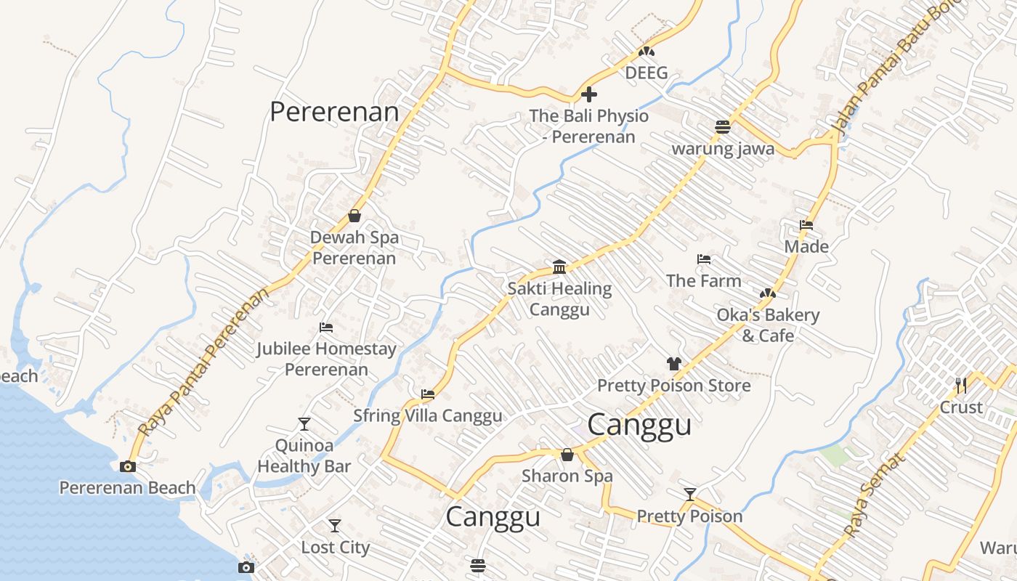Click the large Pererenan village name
click(x=334, y=112)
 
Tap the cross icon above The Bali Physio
click(x=589, y=94)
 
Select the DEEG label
click(x=646, y=73)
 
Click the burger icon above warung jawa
click(x=722, y=127)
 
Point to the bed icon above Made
click(x=806, y=225)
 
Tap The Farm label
click(x=703, y=280)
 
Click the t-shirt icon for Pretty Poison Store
click(x=673, y=364)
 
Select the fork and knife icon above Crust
click(x=961, y=385)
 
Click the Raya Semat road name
click(x=875, y=495)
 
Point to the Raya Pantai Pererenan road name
click(x=203, y=362)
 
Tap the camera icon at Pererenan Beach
click(x=128, y=466)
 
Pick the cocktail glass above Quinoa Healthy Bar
click(x=304, y=424)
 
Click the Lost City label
click(x=335, y=547)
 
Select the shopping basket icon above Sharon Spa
click(x=567, y=455)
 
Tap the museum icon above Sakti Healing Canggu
click(x=559, y=267)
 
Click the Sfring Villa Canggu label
click(x=427, y=415)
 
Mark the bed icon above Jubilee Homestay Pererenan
click(x=326, y=328)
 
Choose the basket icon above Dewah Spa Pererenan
click(x=354, y=216)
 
